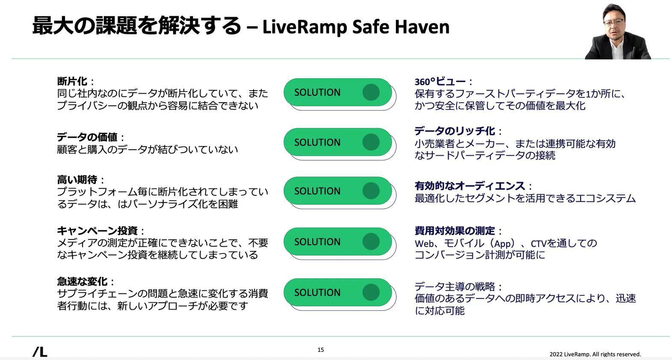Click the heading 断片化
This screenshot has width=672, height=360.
point(72,81)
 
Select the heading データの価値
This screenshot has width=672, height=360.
point(87,137)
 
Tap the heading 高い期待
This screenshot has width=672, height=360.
point(77,180)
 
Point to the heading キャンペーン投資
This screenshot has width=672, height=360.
point(97,231)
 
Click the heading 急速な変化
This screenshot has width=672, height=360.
point(82,282)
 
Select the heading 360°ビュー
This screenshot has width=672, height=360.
point(440,82)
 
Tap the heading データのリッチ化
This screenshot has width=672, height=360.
point(454,131)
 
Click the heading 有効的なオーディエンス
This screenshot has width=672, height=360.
point(469,186)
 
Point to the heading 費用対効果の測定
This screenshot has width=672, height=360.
point(454,231)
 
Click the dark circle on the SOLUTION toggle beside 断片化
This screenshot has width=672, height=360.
point(371,92)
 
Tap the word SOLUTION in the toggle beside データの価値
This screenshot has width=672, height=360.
point(317,142)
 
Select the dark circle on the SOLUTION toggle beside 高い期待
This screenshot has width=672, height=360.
point(371,191)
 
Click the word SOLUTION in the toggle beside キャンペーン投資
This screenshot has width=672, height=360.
point(317,242)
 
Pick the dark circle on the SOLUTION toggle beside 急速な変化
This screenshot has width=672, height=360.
point(371,292)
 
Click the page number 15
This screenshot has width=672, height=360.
point(321,350)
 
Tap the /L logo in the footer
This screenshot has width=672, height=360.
point(40,352)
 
